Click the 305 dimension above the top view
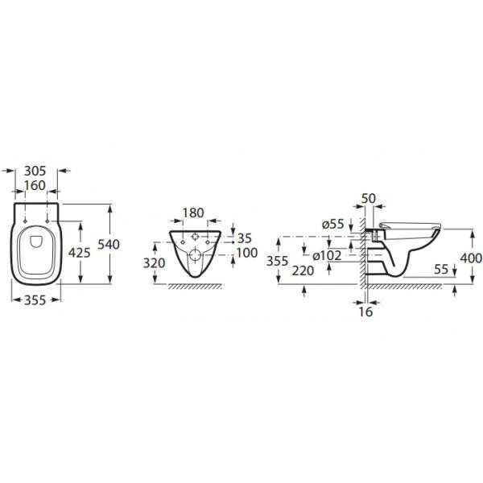point(35,171)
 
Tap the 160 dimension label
point(35,185)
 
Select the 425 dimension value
point(79,253)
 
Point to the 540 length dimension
point(109,245)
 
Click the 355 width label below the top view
point(35,300)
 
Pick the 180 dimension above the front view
point(193,213)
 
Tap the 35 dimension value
point(245,238)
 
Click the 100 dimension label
point(247,253)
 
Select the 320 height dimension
point(154,263)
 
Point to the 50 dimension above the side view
point(369,199)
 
